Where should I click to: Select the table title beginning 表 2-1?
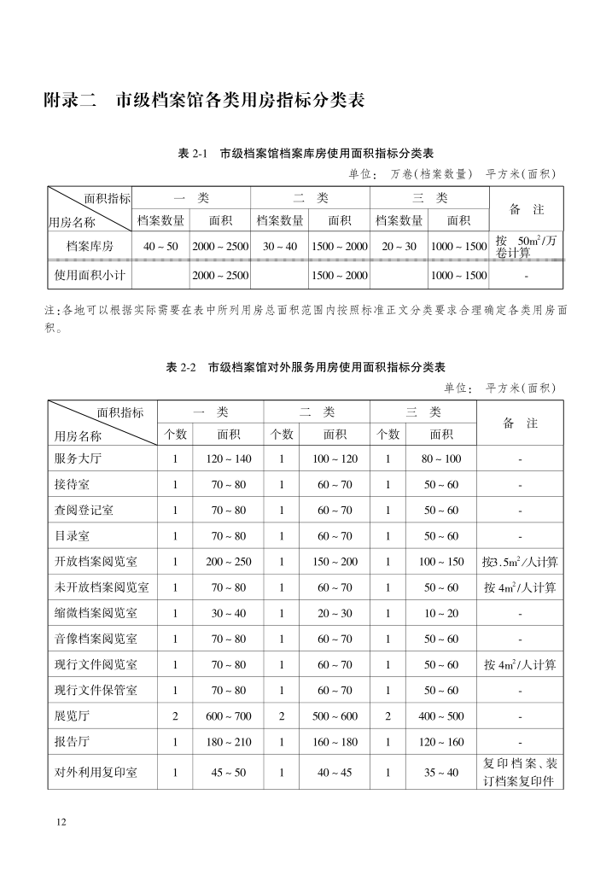tap(306, 154)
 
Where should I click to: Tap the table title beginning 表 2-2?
tap(306, 368)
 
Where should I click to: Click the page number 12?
tap(61, 821)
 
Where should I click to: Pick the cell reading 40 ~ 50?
tap(160, 247)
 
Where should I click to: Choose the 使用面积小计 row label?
tap(90, 276)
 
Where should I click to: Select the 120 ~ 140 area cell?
tap(229, 458)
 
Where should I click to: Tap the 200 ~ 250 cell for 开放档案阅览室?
tap(229, 562)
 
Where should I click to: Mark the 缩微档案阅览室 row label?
tap(96, 613)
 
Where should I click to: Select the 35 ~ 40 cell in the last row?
tap(441, 773)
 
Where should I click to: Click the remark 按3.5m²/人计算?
tap(520, 562)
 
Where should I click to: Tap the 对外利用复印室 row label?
tap(96, 773)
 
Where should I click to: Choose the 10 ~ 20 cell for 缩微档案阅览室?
tap(441, 613)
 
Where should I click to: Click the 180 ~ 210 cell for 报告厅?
tap(229, 742)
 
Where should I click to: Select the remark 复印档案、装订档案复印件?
tap(520, 773)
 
